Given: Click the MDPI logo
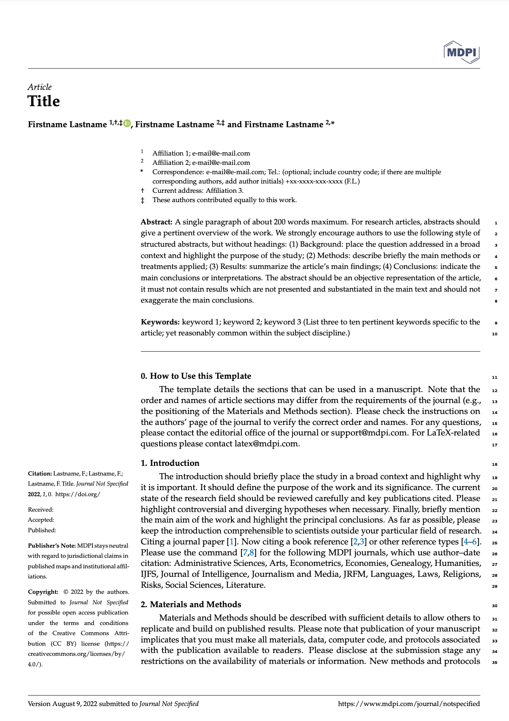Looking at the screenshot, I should [x=462, y=52].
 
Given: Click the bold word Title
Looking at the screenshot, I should [x=44, y=101].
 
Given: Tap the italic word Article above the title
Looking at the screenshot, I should [x=40, y=87].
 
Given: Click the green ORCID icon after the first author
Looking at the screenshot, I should [x=127, y=124].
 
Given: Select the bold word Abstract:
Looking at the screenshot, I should [x=157, y=222].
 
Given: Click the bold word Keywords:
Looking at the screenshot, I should [x=160, y=322].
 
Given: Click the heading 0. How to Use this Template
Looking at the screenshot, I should [x=196, y=376].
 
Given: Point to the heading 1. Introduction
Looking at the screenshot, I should [x=170, y=463].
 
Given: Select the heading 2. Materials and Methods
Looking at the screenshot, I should [x=191, y=604].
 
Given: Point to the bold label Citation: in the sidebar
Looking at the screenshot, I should [x=40, y=474].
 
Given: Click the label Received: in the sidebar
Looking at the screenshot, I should [x=41, y=510].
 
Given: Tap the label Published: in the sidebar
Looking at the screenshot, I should [x=42, y=530].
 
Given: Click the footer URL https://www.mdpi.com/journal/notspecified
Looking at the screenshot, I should [x=409, y=704].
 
